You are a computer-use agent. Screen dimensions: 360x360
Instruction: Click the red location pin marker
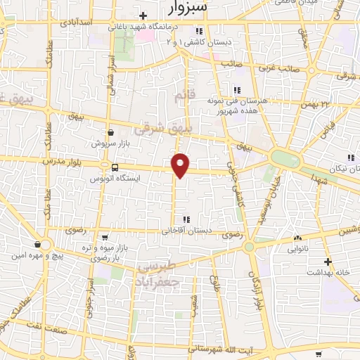[181, 165]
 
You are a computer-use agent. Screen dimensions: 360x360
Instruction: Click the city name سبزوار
[195, 8]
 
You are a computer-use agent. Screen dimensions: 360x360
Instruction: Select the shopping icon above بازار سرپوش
[110, 131]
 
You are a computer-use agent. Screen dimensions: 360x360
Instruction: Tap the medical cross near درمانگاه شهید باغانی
[143, 15]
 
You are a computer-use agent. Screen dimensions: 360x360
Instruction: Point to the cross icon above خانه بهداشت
[328, 262]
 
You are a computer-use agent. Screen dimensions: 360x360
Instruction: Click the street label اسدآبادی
[78, 23]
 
